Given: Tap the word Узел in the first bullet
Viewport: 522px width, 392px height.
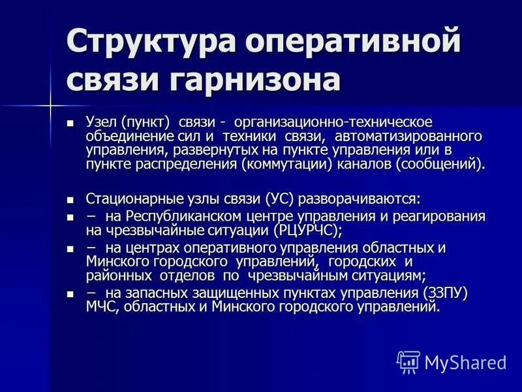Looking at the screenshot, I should (x=100, y=123).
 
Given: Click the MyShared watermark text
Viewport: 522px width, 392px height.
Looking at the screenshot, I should (x=465, y=362).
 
